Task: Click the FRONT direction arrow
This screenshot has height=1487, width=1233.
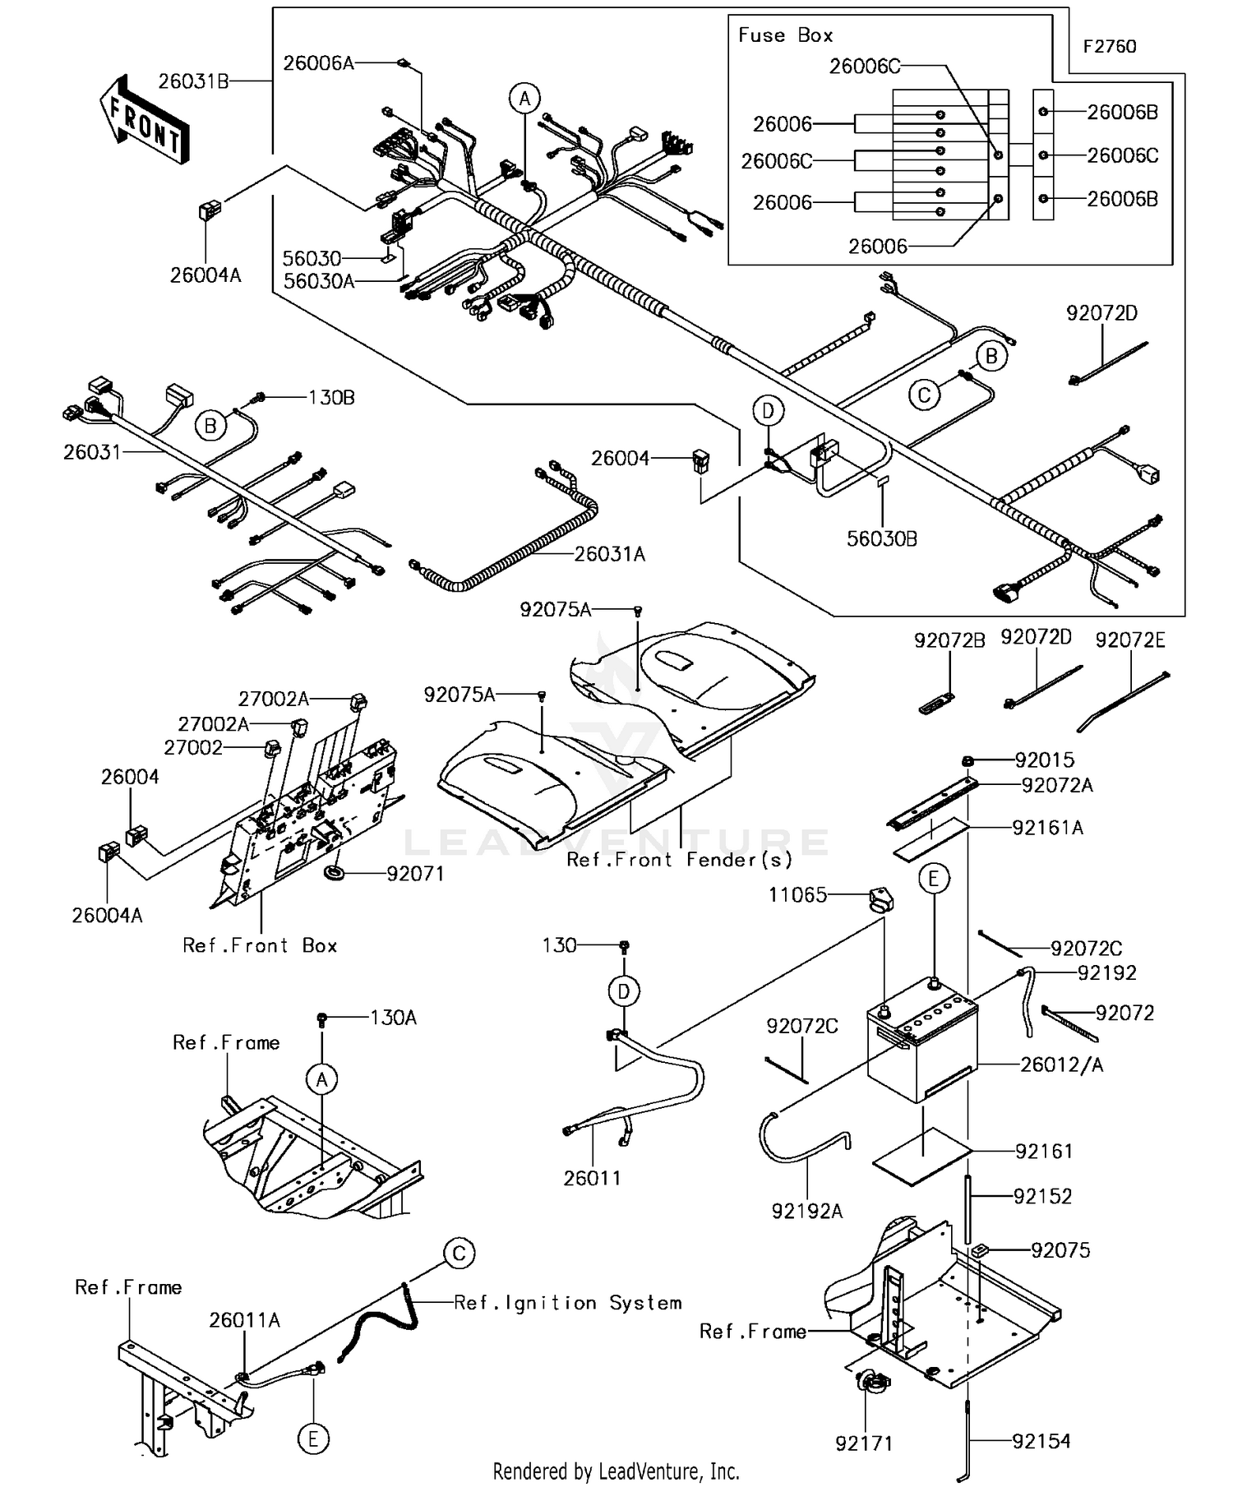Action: [x=145, y=121]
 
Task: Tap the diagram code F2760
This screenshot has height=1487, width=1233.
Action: [x=1109, y=47]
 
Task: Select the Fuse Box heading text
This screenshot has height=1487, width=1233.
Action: [x=785, y=35]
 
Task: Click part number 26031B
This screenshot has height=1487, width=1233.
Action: [x=193, y=81]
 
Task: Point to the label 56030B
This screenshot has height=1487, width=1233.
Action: [x=882, y=539]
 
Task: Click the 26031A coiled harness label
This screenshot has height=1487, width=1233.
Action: [x=609, y=555]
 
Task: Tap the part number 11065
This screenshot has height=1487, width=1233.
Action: [x=797, y=895]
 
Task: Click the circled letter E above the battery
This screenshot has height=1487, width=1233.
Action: [x=933, y=879]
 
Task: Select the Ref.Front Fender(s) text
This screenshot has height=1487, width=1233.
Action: [x=680, y=860]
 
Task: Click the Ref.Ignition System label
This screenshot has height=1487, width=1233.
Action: [x=568, y=1303]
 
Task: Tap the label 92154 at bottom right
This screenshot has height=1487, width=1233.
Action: [x=1041, y=1441]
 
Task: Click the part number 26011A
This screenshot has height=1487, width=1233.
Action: [x=244, y=1320]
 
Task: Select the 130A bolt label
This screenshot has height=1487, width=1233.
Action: [x=393, y=1018]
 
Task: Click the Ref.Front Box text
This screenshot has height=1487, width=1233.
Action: [x=260, y=945]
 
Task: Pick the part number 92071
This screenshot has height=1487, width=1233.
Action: [x=415, y=874]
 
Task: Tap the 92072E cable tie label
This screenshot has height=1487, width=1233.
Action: [x=1129, y=640]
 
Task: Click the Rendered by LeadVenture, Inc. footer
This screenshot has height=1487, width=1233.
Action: [x=616, y=1471]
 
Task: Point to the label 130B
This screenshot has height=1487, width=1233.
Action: [x=331, y=398]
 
